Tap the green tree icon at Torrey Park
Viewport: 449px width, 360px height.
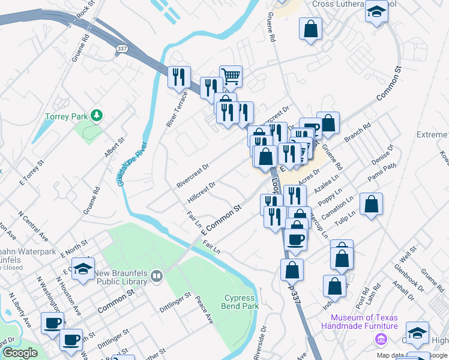click(x=95, y=115)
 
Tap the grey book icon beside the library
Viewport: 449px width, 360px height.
click(x=157, y=276)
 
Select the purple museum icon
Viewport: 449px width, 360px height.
click(x=379, y=340)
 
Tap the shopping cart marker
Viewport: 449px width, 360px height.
click(x=231, y=76)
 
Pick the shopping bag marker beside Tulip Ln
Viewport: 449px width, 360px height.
click(x=372, y=204)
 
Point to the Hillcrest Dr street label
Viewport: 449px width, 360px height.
click(x=201, y=193)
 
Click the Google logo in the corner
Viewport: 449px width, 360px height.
click(x=20, y=353)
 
